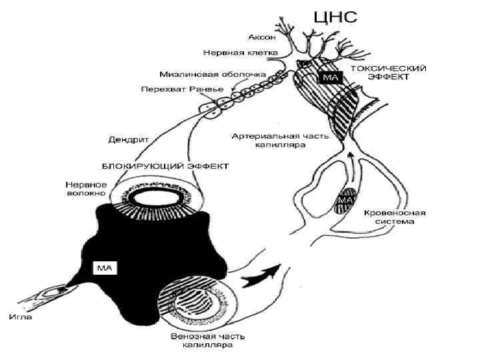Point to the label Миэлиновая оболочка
(211, 74)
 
